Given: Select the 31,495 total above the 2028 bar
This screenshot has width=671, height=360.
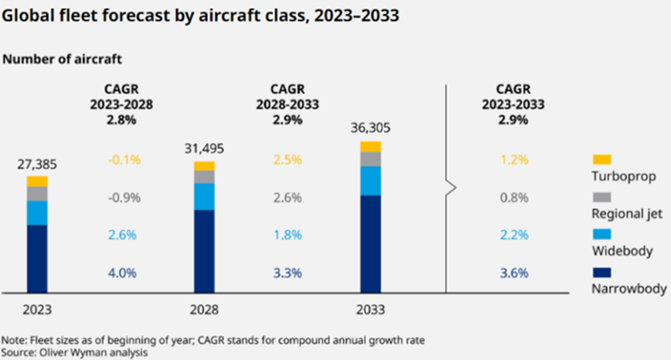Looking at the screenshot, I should coord(204,149).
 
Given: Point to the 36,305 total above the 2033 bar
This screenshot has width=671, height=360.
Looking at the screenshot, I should coord(371,128).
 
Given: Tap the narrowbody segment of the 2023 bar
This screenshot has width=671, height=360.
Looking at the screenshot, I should coord(37,259).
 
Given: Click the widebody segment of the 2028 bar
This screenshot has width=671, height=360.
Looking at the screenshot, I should coord(204,196).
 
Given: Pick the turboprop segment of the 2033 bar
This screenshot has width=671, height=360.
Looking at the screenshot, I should coord(371,147).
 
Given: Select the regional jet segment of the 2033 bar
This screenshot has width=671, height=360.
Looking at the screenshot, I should coord(371,159).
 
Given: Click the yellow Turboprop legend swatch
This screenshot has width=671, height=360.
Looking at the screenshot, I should coord(601,160).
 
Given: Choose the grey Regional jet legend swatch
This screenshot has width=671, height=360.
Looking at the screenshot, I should coord(601,197).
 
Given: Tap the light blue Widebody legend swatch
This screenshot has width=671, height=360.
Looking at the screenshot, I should coord(601,235).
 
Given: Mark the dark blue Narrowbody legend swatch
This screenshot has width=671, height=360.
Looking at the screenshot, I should coord(601,273).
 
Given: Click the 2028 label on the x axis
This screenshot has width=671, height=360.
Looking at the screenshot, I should coord(204,310).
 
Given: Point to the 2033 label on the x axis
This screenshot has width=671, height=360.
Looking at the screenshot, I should coord(371,310).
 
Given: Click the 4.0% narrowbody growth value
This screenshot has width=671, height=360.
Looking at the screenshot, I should coord(122,273).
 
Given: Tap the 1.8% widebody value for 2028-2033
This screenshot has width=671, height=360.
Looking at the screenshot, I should coord(287,235).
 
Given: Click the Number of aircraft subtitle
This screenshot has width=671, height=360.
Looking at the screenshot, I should coord(62,59).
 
